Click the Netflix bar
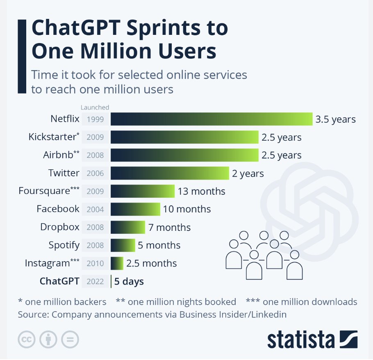click(x=211, y=119)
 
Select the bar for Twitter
click(x=170, y=173)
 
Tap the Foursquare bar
click(x=143, y=191)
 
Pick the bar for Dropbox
click(x=128, y=227)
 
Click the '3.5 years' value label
click(x=335, y=120)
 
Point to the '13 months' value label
click(x=201, y=191)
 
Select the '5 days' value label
click(x=129, y=282)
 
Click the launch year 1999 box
click(x=96, y=120)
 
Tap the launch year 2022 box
click(x=96, y=282)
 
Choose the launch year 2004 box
click(x=96, y=209)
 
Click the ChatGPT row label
click(x=59, y=281)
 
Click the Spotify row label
click(x=64, y=245)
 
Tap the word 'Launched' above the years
click(x=95, y=107)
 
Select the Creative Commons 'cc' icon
click(x=27, y=339)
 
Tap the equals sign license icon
click(x=70, y=339)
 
